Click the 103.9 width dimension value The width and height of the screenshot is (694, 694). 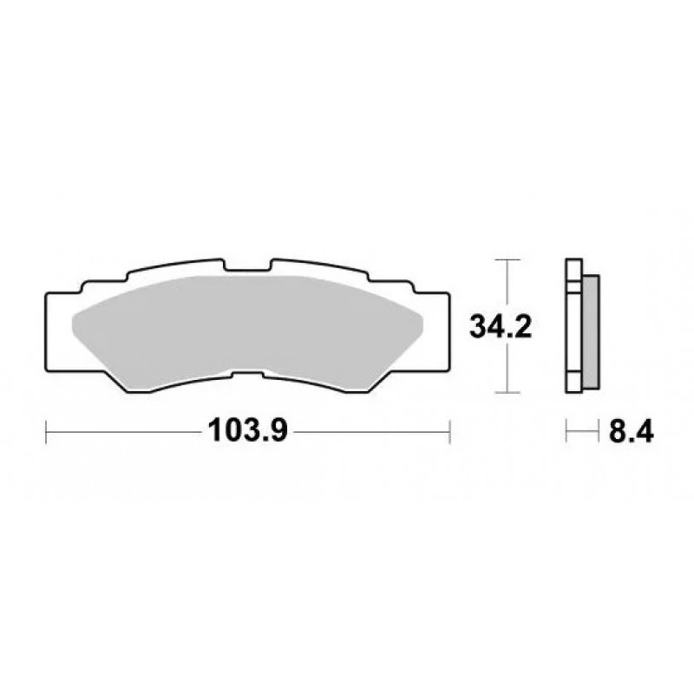[x=248, y=430]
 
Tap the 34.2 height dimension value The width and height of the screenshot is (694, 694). [x=501, y=327]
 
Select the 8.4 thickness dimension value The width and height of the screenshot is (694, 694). [x=632, y=431]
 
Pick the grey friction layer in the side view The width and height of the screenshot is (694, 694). [x=592, y=332]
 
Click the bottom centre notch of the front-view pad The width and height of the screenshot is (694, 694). [x=247, y=375]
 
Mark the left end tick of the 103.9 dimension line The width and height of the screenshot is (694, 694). [x=46, y=431]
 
